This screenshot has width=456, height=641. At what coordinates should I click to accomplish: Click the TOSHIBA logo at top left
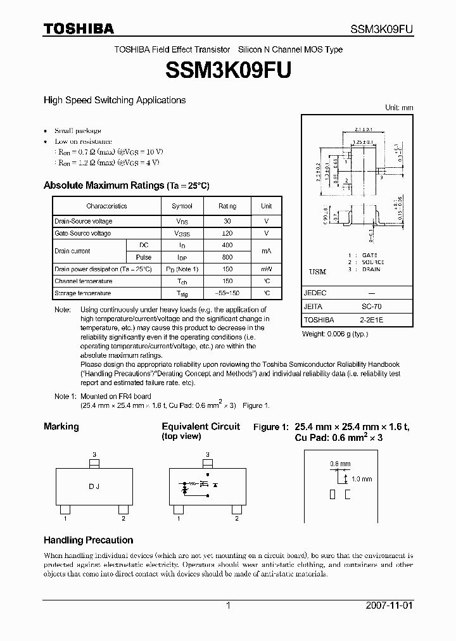tap(79, 29)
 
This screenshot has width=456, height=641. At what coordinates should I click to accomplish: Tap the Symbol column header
tap(182, 206)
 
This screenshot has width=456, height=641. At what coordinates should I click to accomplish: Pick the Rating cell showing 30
tap(227, 222)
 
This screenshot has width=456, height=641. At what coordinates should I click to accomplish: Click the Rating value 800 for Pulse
tap(227, 258)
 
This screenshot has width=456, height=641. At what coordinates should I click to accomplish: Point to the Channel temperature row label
tap(84, 281)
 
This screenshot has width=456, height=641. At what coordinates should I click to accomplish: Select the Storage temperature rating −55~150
tap(227, 294)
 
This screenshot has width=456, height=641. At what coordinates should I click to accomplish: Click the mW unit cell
tap(267, 269)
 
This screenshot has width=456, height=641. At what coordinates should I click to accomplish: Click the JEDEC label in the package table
tap(315, 293)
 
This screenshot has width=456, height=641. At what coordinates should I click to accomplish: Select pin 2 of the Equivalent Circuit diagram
tap(236, 518)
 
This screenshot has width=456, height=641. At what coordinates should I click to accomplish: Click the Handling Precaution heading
tap(88, 540)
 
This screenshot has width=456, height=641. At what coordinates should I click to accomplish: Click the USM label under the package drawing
tap(317, 272)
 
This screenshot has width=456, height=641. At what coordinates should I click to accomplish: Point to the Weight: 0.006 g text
tap(335, 333)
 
